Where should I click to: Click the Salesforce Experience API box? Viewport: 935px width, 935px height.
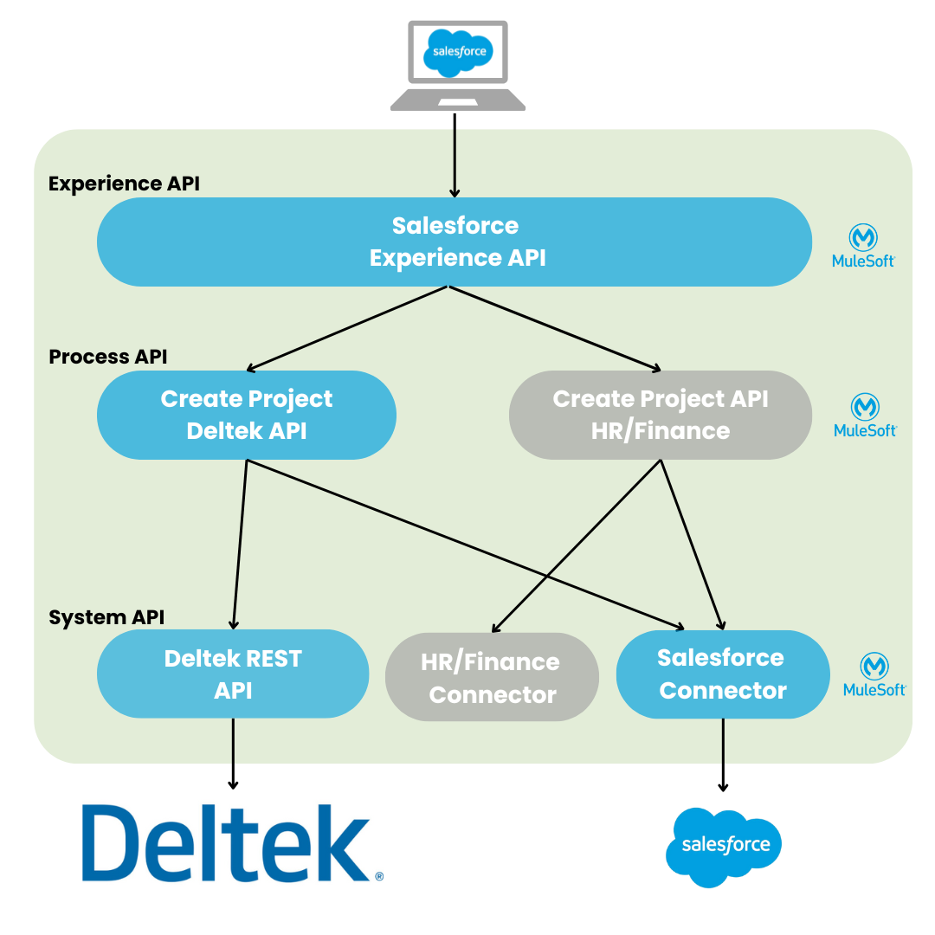pyautogui.click(x=454, y=242)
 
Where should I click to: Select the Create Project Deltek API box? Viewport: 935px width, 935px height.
pyautogui.click(x=246, y=415)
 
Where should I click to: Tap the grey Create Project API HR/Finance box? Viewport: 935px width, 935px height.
pyautogui.click(x=660, y=415)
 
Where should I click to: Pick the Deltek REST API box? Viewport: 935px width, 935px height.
pyautogui.click(x=232, y=674)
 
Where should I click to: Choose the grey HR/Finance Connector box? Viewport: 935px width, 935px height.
pyautogui.click(x=492, y=677)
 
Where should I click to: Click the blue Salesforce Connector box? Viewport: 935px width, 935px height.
pyautogui.click(x=722, y=674)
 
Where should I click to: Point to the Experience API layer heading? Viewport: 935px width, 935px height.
pyautogui.click(x=124, y=184)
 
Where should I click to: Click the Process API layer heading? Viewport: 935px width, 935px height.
pyautogui.click(x=108, y=357)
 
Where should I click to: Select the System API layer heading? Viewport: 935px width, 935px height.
pyautogui.click(x=106, y=617)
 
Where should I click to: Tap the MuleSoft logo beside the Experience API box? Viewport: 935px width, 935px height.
pyautogui.click(x=863, y=247)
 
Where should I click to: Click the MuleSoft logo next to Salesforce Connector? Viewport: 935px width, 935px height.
pyautogui.click(x=874, y=676)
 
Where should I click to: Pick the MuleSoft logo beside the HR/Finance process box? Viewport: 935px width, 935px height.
pyautogui.click(x=865, y=416)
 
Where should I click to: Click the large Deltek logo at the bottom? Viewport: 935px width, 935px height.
pyautogui.click(x=233, y=838)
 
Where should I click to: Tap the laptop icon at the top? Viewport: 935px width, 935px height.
pyautogui.click(x=457, y=66)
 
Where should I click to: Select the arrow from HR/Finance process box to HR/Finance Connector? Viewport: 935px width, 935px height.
pyautogui.click(x=576, y=545)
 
